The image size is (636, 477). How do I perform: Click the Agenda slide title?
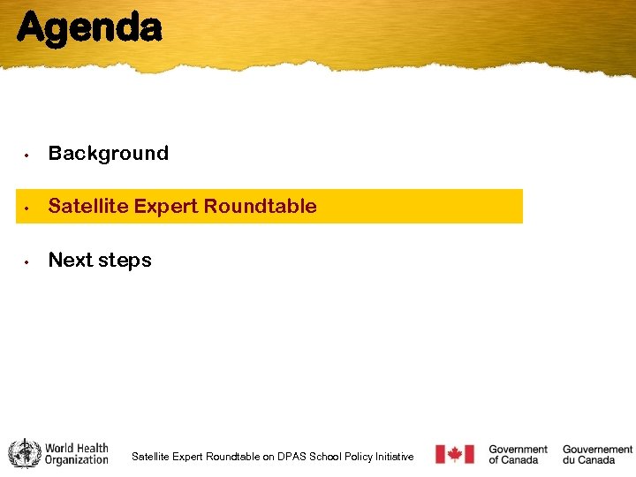(x=89, y=28)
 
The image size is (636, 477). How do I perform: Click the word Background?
(x=108, y=154)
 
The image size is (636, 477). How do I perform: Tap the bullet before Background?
(x=28, y=155)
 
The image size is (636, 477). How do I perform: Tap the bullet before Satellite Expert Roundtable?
(x=28, y=208)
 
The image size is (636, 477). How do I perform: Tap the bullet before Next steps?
(x=28, y=261)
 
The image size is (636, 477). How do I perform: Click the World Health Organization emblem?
(x=24, y=454)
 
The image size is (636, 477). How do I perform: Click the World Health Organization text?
(x=77, y=454)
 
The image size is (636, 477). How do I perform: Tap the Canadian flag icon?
(x=455, y=454)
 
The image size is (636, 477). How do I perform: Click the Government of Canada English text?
(x=518, y=454)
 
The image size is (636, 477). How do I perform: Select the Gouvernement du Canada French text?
(x=597, y=454)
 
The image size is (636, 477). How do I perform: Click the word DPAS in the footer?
(x=291, y=457)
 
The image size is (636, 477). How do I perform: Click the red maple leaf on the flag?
(x=455, y=454)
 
